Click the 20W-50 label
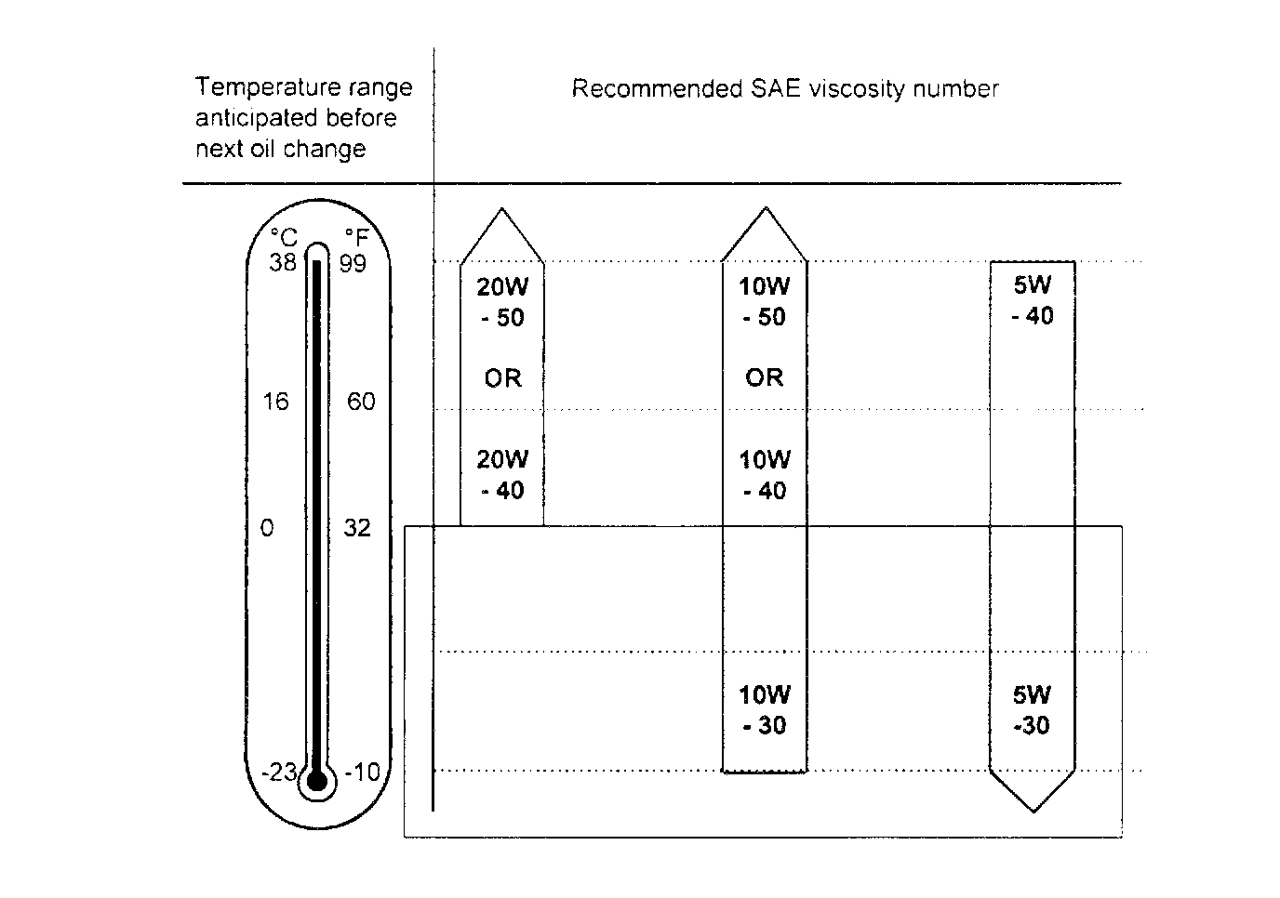(x=502, y=302)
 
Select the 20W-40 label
(x=502, y=474)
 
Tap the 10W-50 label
(x=765, y=301)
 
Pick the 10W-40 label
(x=765, y=474)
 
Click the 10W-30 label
(x=765, y=709)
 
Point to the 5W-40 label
(x=1033, y=300)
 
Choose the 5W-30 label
(x=1033, y=709)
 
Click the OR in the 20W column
(x=502, y=378)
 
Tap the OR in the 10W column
(x=765, y=377)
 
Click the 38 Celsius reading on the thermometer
(x=282, y=263)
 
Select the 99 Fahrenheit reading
(x=353, y=264)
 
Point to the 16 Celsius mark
(x=276, y=402)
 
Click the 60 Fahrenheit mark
(x=360, y=402)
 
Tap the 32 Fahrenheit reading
(x=357, y=528)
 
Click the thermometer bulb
(x=317, y=781)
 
